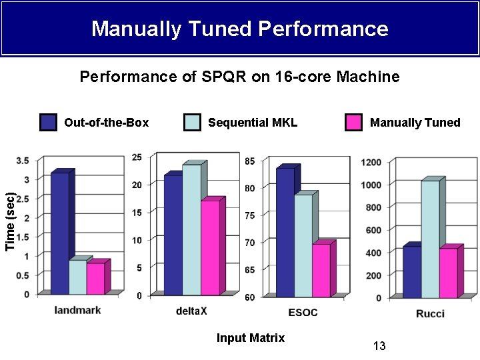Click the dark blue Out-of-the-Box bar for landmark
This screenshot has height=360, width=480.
point(60,233)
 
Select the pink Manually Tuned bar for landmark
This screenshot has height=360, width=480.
point(96,278)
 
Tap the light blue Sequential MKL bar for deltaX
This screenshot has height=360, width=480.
point(192,229)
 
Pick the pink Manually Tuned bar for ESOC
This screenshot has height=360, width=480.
point(321,270)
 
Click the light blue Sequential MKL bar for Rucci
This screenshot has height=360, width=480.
point(431,239)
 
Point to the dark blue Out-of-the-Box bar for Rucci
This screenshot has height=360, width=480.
point(412,272)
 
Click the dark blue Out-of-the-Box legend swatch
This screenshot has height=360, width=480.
point(48,123)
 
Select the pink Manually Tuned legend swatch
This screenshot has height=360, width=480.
point(353,123)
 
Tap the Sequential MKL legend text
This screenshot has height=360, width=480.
point(253,123)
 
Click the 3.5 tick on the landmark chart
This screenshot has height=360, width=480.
point(23,161)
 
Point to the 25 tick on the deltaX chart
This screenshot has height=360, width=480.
point(137,157)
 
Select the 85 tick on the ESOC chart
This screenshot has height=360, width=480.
point(250,161)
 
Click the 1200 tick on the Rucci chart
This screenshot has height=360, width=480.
point(371,162)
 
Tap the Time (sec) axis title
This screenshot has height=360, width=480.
point(10,221)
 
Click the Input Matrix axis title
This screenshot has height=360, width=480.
point(251,338)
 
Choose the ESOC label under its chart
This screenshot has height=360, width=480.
point(303,313)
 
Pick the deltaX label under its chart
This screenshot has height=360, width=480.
point(191,311)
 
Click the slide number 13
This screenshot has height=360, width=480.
point(379,346)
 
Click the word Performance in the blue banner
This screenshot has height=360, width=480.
point(323,29)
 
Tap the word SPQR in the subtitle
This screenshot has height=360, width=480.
point(223,76)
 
